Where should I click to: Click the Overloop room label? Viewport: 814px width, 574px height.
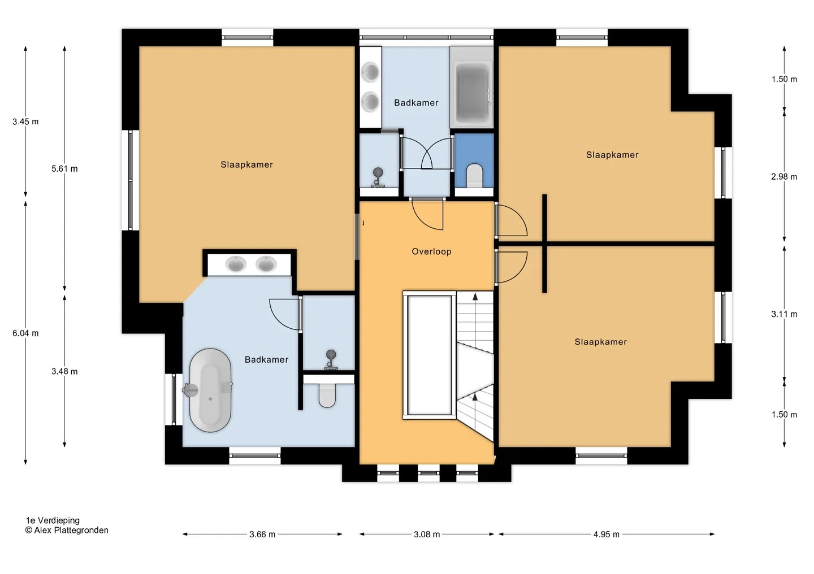pos(431,251)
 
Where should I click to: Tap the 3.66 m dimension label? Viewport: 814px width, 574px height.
pos(262,534)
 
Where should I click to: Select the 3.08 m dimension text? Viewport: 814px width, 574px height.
pos(427,534)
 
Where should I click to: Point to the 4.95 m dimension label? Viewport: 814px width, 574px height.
pos(606,534)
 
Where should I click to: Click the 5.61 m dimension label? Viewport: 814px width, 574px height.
pos(64,168)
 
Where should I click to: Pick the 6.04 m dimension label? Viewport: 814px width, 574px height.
pos(25,333)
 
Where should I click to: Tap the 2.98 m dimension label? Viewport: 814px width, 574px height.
pos(784,177)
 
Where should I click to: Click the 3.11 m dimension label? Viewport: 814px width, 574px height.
pos(784,314)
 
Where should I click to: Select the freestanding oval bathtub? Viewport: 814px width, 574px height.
pos(210,390)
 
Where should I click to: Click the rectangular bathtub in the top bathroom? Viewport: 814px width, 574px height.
pos(471,87)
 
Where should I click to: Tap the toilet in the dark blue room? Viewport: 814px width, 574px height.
pos(474,176)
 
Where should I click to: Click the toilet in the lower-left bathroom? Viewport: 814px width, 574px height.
pos(327,396)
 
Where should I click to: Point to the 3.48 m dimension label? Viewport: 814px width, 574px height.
pos(64,371)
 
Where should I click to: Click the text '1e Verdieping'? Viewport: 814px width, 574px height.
pos(53,520)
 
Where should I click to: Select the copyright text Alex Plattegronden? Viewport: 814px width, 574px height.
pos(67,530)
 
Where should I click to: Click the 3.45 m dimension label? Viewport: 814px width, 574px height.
pos(25,121)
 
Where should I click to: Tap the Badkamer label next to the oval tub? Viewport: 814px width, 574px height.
pos(266,360)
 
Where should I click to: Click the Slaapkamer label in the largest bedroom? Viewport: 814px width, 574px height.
pos(246,164)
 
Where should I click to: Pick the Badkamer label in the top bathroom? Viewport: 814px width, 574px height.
pos(416,103)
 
